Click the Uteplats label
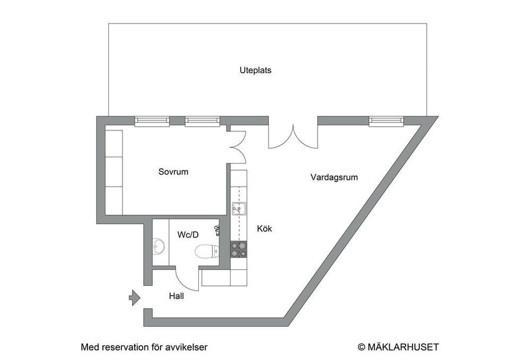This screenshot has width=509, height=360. [x=255, y=70]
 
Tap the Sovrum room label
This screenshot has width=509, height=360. [x=173, y=172]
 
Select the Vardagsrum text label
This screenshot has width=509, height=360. [x=334, y=177]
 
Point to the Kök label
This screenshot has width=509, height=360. [x=264, y=229]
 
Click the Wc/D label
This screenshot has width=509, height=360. [x=188, y=234]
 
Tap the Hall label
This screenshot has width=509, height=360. [x=177, y=296]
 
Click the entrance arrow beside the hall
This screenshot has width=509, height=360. [x=134, y=298]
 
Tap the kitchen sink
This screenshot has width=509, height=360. [x=239, y=208]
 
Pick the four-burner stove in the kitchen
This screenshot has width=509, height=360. [x=239, y=249]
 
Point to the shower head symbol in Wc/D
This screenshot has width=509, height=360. [x=217, y=230]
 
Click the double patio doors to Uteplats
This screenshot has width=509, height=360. [x=293, y=136]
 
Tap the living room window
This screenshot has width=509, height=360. [x=386, y=121]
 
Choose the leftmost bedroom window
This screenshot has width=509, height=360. [x=152, y=121]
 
